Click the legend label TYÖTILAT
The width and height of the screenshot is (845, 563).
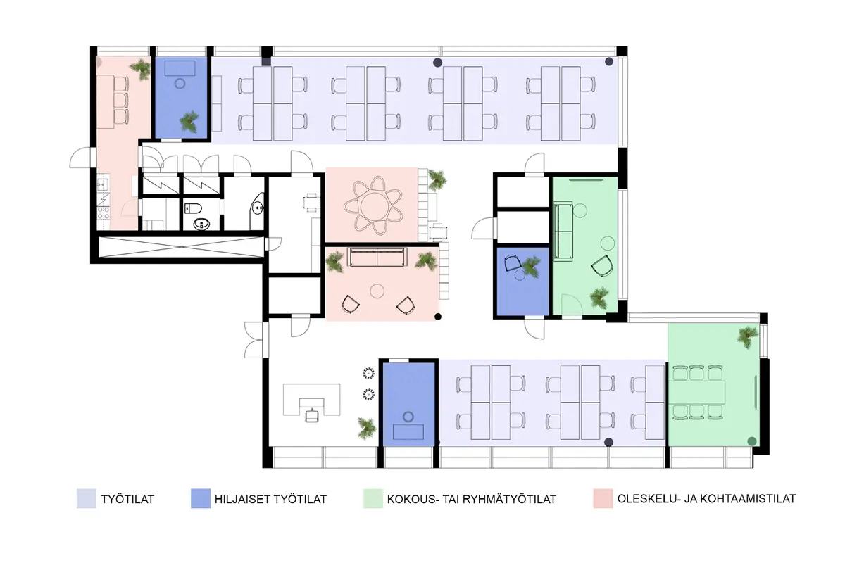coord(127,499)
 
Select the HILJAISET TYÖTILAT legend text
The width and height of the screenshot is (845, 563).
coord(270,499)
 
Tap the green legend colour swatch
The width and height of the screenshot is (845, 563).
coord(373,499)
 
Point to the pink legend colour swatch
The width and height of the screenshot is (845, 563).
coord(603,499)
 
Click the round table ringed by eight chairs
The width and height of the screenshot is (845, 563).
coord(373,206)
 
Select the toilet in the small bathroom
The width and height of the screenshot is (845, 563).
coord(193,208)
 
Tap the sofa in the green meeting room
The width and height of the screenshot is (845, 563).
coord(563,231)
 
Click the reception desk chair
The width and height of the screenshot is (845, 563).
coord(311,415)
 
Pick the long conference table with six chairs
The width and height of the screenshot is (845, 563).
coord(699,392)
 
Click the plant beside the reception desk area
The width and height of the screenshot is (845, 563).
coord(366,428)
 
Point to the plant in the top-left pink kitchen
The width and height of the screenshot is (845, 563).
coord(141,69)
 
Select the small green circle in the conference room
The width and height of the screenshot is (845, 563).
coord(752,441)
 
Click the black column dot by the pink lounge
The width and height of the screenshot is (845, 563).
coord(438,317)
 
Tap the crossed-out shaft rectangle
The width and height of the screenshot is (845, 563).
coord(181,247)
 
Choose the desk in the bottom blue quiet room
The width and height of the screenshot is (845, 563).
coord(408,432)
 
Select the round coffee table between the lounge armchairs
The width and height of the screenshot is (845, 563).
coord(377,291)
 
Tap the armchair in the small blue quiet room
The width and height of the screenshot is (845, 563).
coord(513,262)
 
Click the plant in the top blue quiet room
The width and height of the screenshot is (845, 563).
coord(189,122)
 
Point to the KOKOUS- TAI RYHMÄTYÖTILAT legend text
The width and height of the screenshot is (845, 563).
coord(472,499)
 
